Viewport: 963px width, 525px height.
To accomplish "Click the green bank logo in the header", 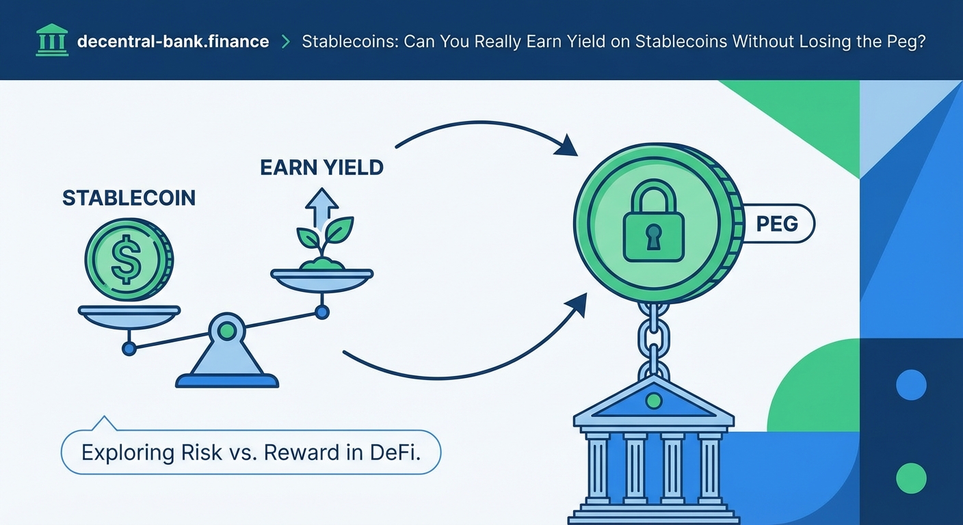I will [51, 41].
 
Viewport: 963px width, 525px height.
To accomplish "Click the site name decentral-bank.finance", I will [173, 42].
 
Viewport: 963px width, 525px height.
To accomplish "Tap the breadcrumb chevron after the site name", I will [285, 42].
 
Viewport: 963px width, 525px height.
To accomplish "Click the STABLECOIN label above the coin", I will [129, 198].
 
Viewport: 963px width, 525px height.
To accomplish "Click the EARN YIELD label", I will [321, 167].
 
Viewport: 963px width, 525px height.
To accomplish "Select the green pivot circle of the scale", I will [227, 331].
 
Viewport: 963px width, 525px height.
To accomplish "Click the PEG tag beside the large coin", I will [778, 224].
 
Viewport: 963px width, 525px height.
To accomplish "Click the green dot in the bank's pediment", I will [653, 400].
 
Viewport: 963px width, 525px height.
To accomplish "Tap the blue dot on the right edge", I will [910, 385].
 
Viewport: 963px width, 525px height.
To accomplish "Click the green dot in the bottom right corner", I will [910, 478].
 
